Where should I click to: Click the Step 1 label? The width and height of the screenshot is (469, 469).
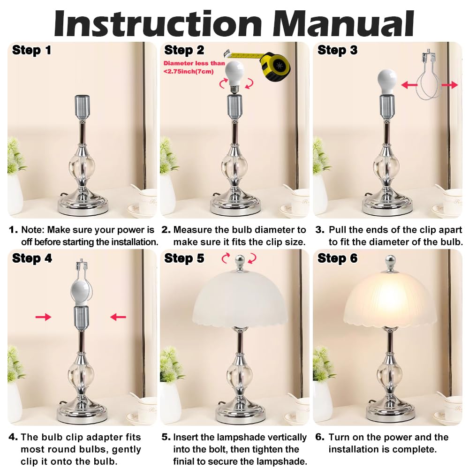click(x=31, y=50)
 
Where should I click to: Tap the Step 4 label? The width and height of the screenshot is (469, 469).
click(x=31, y=258)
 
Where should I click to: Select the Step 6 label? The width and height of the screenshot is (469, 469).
click(x=337, y=258)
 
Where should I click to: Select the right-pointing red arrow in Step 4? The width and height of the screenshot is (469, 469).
click(x=43, y=317)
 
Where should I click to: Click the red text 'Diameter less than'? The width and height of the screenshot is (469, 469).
click(x=194, y=63)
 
